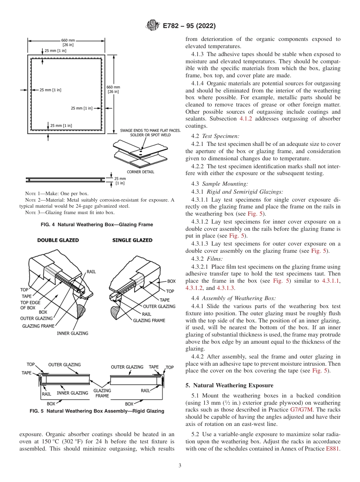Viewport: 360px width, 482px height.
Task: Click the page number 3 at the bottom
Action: click(x=180, y=465)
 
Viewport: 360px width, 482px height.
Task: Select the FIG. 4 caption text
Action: click(x=97, y=225)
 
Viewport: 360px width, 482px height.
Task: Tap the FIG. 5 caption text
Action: click(x=97, y=411)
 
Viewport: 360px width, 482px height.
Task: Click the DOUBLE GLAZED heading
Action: click(x=58, y=240)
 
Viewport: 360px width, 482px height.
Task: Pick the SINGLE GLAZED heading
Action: click(x=132, y=240)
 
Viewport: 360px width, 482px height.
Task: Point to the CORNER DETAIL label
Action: click(x=140, y=172)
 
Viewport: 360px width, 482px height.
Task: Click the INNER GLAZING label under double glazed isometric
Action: click(x=72, y=333)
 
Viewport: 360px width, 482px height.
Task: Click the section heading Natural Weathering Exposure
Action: click(x=229, y=385)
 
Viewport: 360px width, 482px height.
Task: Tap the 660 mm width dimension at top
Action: click(x=68, y=40)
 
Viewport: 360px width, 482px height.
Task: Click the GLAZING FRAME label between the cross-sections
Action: click(x=102, y=393)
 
